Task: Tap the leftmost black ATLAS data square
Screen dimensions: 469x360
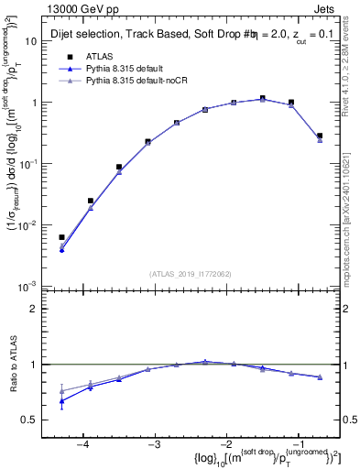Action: [x=61, y=237]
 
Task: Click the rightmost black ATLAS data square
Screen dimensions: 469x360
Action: [x=319, y=136]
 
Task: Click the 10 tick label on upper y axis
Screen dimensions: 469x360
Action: [x=30, y=41]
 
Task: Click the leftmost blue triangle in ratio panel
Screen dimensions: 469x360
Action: [x=61, y=400]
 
